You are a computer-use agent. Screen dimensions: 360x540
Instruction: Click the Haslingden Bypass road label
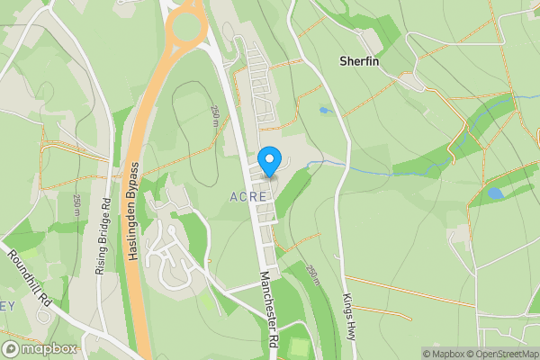click(x=132, y=212)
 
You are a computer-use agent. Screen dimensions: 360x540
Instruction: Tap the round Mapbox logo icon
click(x=11, y=349)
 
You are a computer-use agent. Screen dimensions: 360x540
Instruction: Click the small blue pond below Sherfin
click(x=323, y=111)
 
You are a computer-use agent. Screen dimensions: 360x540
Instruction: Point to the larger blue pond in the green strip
click(x=494, y=193)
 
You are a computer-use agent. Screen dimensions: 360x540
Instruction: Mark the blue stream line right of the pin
click(x=360, y=167)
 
